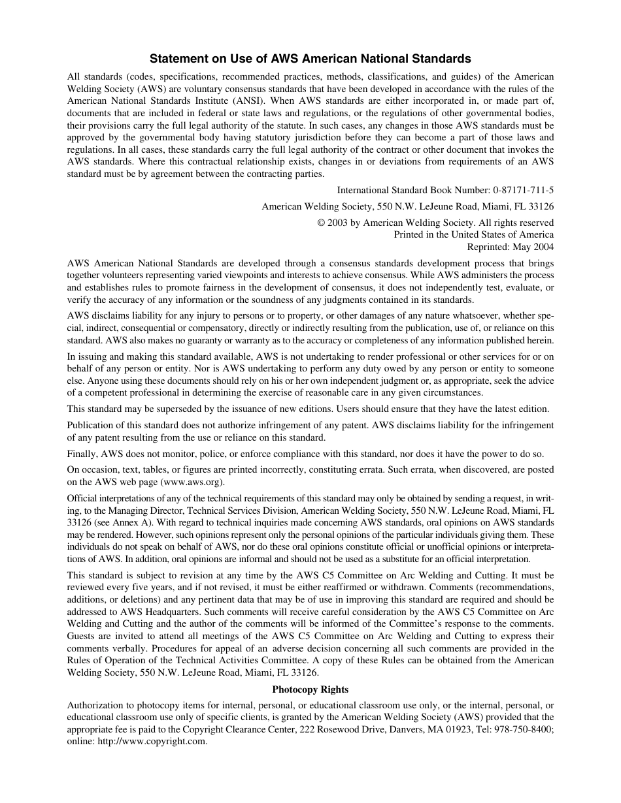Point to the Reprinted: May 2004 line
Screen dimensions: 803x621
coord(510,247)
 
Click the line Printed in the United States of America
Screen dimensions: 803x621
coord(473,234)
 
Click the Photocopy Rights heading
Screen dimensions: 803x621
coord(310,689)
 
